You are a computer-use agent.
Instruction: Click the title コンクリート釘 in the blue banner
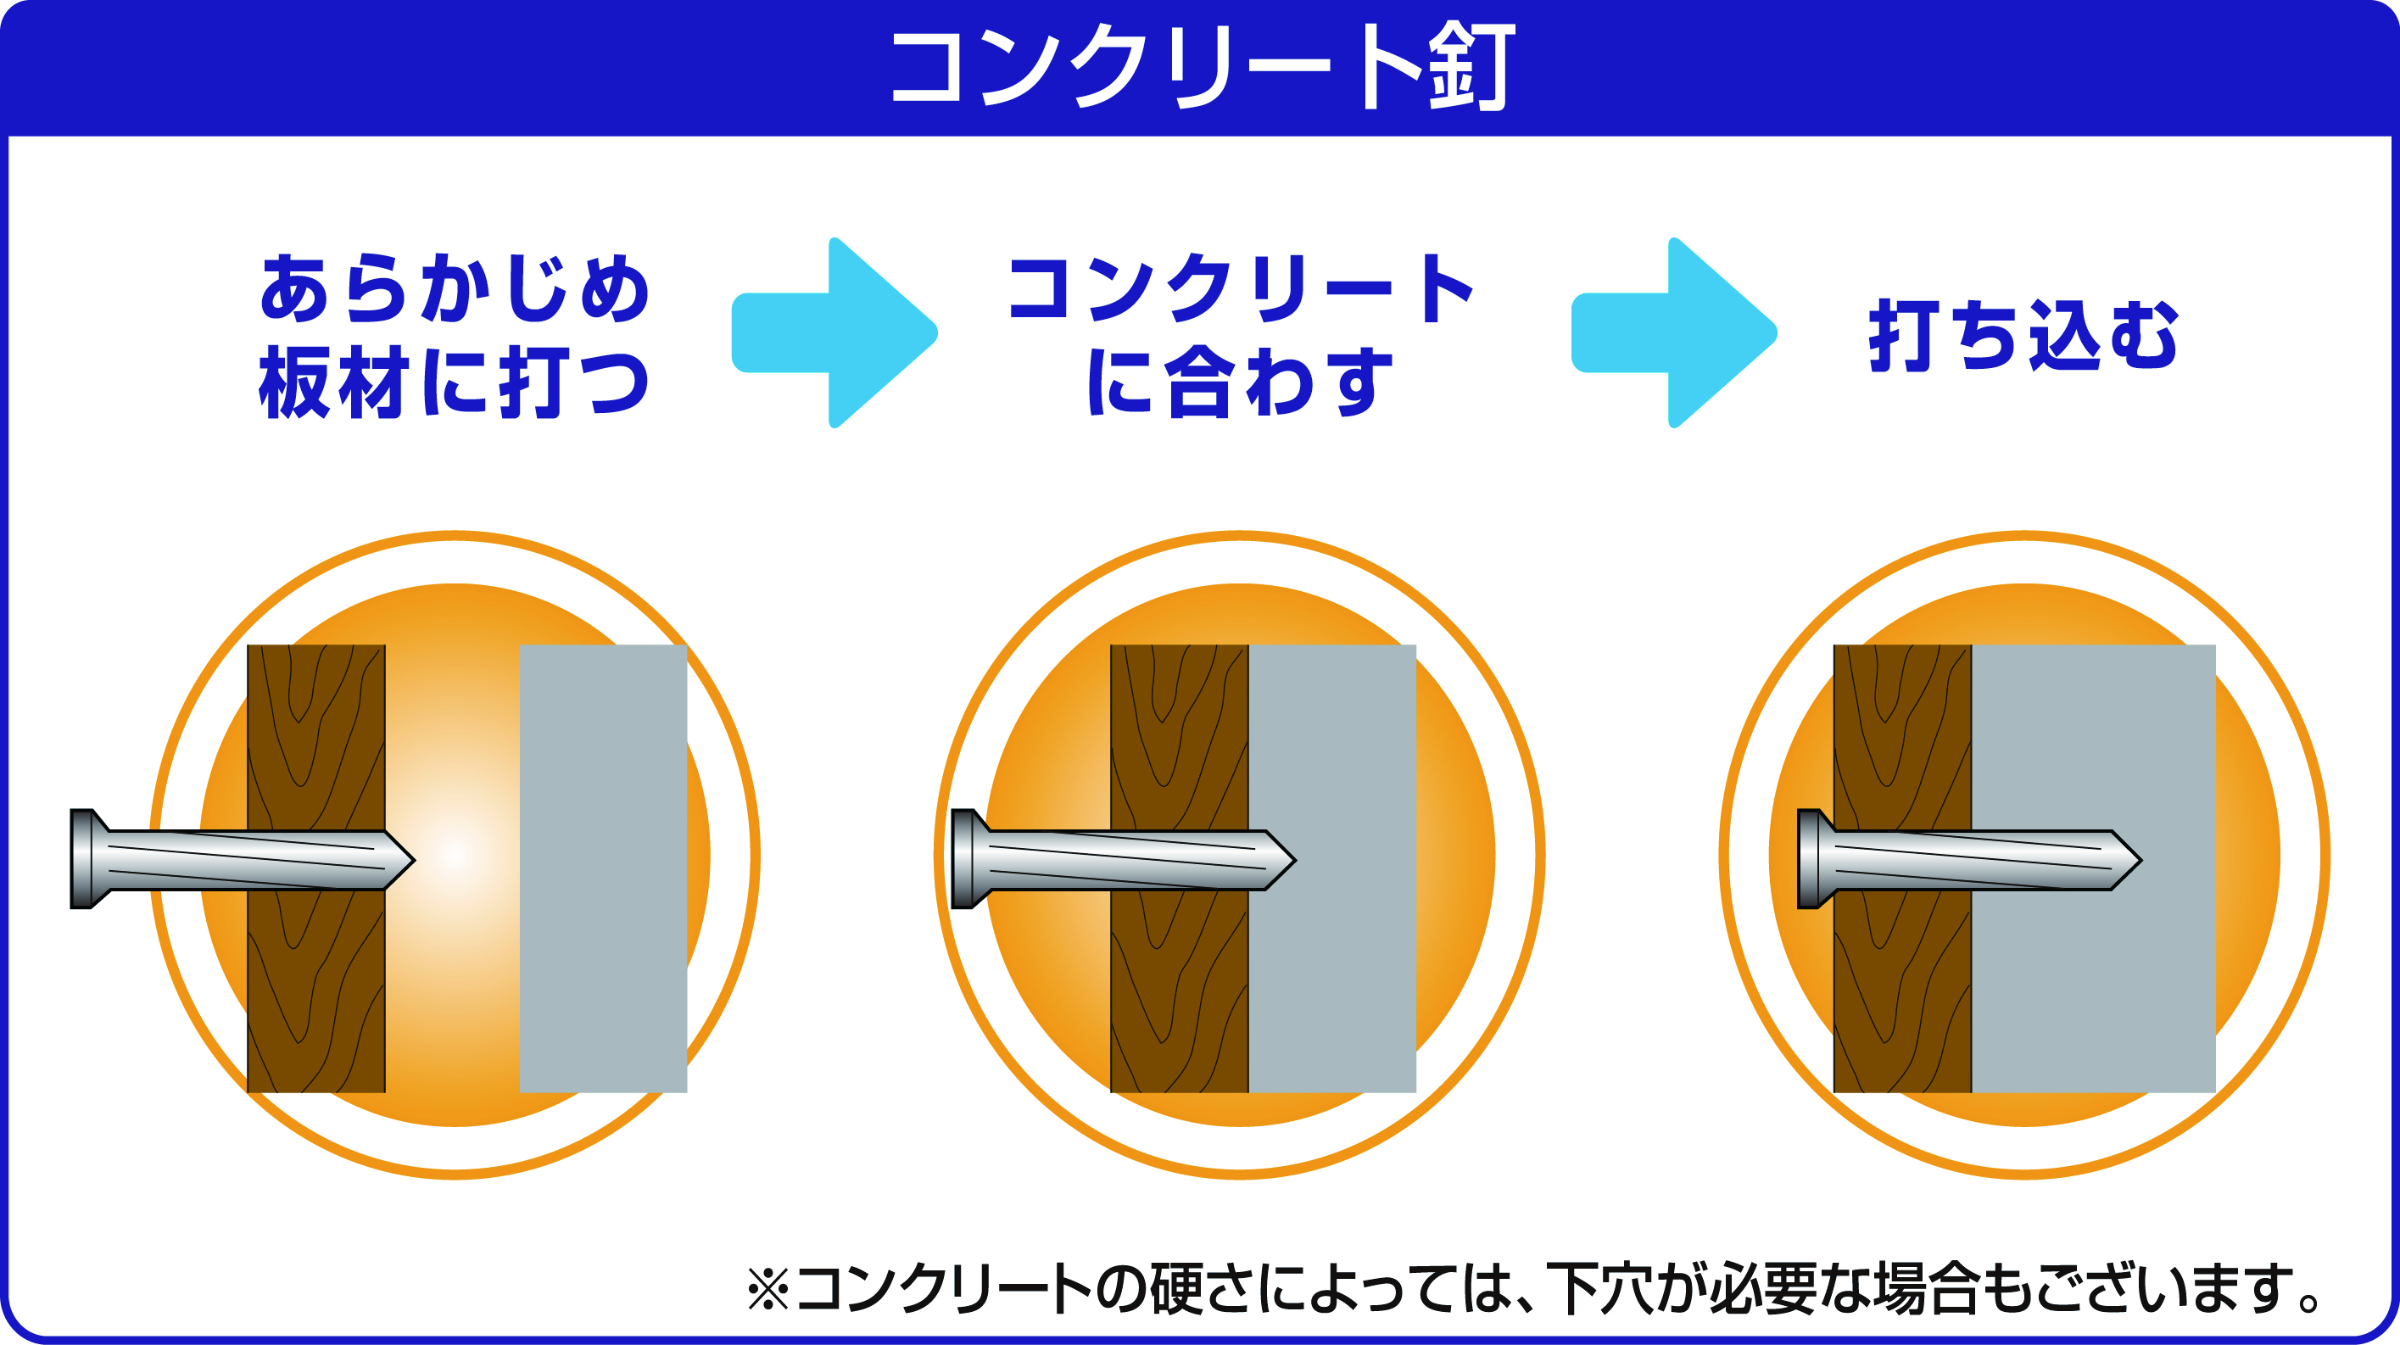coord(1203,67)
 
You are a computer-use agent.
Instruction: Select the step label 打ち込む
coord(2023,335)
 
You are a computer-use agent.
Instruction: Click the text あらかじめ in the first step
coord(455,288)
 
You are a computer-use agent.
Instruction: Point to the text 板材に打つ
coord(455,382)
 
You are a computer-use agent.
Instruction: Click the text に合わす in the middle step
coord(1240,382)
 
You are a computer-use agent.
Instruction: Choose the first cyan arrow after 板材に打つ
coord(834,332)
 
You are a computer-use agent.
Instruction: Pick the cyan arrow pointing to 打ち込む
coord(1674,332)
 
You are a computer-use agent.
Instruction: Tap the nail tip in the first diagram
coord(414,860)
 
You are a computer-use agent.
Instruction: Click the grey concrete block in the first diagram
coord(603,868)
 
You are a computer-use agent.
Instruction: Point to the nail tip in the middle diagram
coord(1294,860)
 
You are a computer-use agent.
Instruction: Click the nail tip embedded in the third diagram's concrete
coord(2140,860)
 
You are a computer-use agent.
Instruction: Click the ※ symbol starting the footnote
coord(767,1289)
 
